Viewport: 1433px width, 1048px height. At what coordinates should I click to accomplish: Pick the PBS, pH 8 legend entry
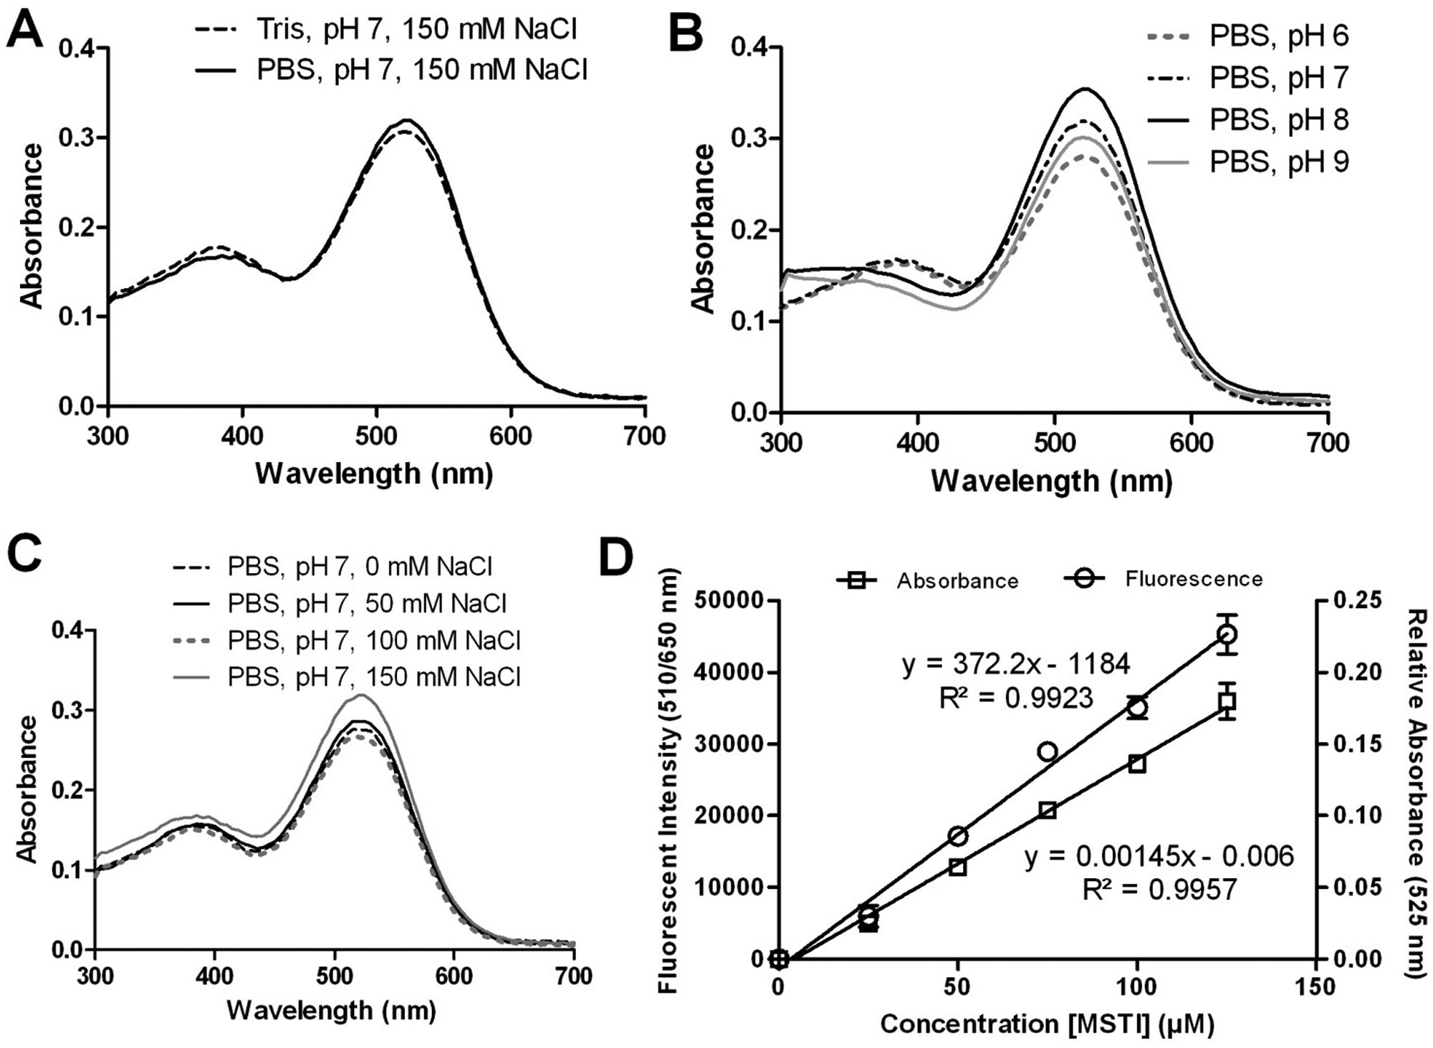click(1247, 120)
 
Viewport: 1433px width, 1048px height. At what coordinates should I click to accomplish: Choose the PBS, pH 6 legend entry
click(1247, 36)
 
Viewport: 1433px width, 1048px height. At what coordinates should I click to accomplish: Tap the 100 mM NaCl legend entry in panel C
click(347, 640)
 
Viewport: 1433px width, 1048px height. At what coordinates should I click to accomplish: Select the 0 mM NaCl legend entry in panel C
click(332, 567)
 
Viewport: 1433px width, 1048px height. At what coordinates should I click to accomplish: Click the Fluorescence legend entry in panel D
click(1164, 579)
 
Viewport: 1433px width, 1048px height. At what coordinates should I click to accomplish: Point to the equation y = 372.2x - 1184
click(1016, 665)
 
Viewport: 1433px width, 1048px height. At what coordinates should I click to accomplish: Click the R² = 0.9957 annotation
click(1159, 889)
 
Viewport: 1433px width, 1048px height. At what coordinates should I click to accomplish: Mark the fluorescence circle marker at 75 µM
click(1048, 751)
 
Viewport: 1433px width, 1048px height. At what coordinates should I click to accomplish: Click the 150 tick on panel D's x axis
click(1315, 987)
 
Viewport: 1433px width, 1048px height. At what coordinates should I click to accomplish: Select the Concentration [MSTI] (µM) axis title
click(1047, 1024)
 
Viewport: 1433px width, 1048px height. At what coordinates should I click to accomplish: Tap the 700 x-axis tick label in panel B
click(1328, 443)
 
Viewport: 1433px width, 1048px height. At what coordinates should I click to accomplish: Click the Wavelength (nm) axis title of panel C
click(331, 1011)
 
